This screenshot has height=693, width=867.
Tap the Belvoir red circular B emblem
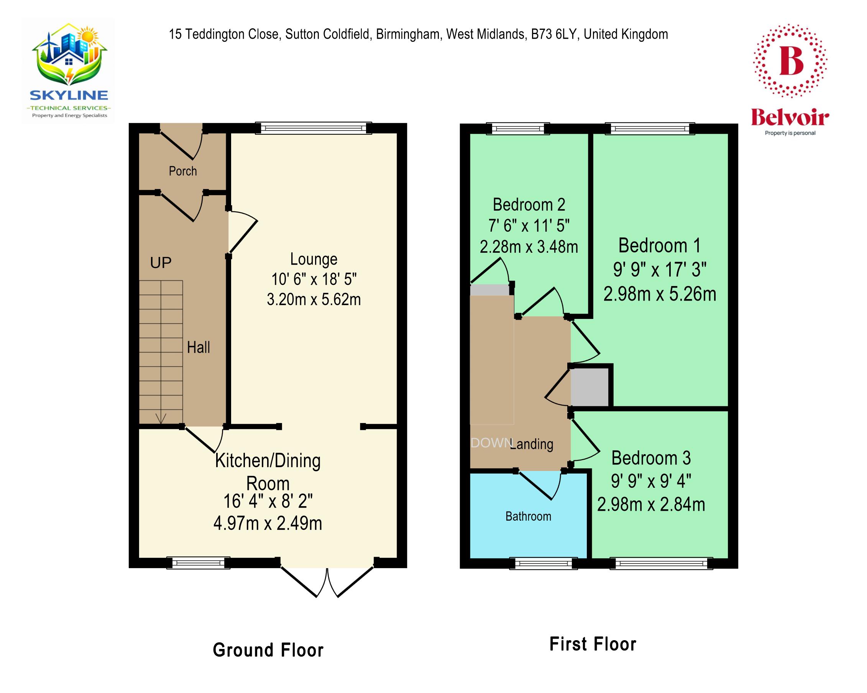(790, 61)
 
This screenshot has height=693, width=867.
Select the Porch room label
(182, 171)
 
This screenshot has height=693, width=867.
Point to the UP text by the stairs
(161, 263)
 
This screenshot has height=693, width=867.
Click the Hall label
(198, 348)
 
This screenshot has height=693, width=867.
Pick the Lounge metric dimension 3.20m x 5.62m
(314, 300)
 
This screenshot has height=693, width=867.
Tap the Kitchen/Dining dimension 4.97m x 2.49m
(268, 523)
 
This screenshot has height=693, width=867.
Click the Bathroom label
(528, 516)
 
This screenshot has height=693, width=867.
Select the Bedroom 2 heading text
(529, 205)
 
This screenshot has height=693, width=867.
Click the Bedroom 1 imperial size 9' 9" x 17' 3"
(660, 270)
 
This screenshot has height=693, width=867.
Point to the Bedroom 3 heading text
(651, 458)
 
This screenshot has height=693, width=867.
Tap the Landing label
(532, 444)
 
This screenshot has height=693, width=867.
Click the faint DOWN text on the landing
(491, 443)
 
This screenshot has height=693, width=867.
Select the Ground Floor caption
(268, 650)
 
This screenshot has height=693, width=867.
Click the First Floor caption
(592, 644)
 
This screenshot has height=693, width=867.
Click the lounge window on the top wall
(314, 128)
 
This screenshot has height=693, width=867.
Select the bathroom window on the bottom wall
(543, 564)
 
